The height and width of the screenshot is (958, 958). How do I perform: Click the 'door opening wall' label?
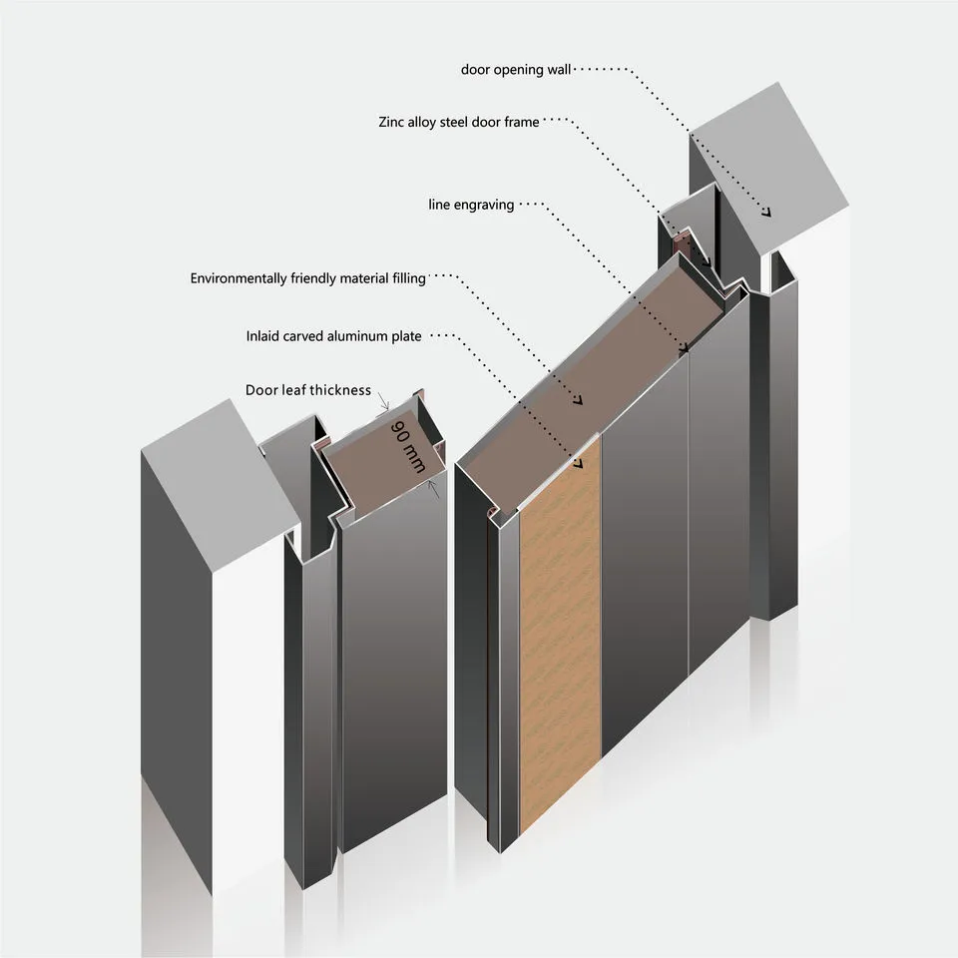(x=516, y=70)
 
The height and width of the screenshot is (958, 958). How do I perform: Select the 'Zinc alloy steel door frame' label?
(x=459, y=122)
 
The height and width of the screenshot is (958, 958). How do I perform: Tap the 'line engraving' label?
(x=471, y=205)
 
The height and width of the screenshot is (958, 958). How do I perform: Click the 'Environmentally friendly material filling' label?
(x=308, y=278)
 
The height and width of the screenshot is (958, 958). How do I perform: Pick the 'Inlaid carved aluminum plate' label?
(x=333, y=336)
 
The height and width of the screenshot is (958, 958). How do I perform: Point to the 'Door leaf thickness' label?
(x=308, y=390)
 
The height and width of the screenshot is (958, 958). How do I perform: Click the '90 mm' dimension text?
(x=407, y=447)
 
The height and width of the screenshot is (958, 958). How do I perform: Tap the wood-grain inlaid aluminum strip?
(x=560, y=636)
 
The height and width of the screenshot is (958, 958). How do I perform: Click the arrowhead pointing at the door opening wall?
(x=766, y=212)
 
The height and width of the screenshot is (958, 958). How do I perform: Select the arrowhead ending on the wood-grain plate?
(x=578, y=464)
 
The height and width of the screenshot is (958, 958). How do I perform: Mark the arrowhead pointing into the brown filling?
(x=578, y=400)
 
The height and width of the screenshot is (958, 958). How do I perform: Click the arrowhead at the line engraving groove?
(x=684, y=347)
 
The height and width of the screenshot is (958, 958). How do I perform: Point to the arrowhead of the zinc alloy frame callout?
(x=707, y=261)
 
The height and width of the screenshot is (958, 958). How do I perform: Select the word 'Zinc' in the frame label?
(x=391, y=122)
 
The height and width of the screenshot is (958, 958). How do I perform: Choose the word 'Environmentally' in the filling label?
(x=239, y=278)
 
